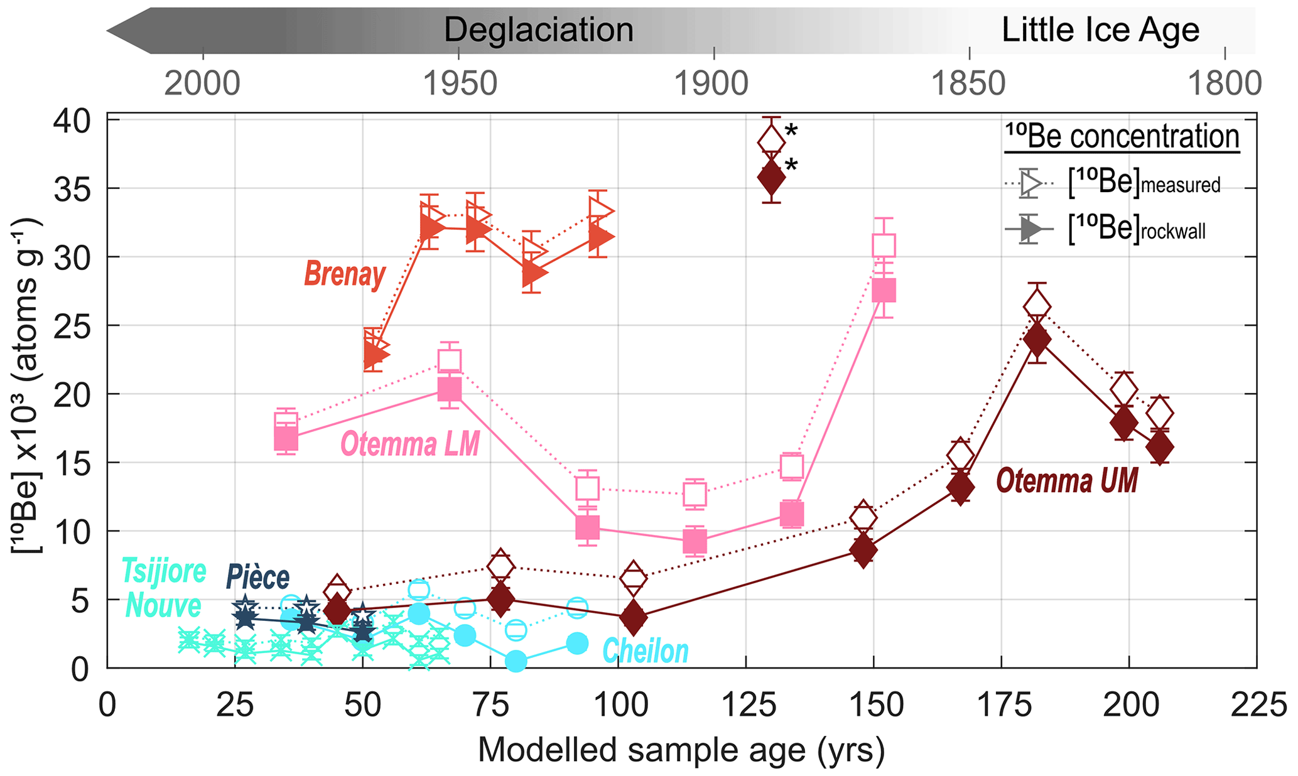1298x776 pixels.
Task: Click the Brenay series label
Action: pos(345,274)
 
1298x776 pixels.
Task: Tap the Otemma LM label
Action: pos(409,445)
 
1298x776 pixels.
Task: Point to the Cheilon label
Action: pos(645,652)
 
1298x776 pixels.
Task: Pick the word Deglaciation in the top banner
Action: pos(538,30)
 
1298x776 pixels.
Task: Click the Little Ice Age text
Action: pos(1100,30)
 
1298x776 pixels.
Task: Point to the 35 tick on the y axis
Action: pos(70,188)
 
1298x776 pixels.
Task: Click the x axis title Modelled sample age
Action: pos(681,750)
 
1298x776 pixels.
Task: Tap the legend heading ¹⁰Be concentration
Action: pos(1122,137)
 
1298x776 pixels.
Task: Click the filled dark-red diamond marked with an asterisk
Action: pos(771,178)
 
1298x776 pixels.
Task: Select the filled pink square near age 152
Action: pos(884,291)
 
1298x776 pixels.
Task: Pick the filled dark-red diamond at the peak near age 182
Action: pos(1037,340)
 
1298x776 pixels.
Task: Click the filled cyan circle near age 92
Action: pos(577,643)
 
